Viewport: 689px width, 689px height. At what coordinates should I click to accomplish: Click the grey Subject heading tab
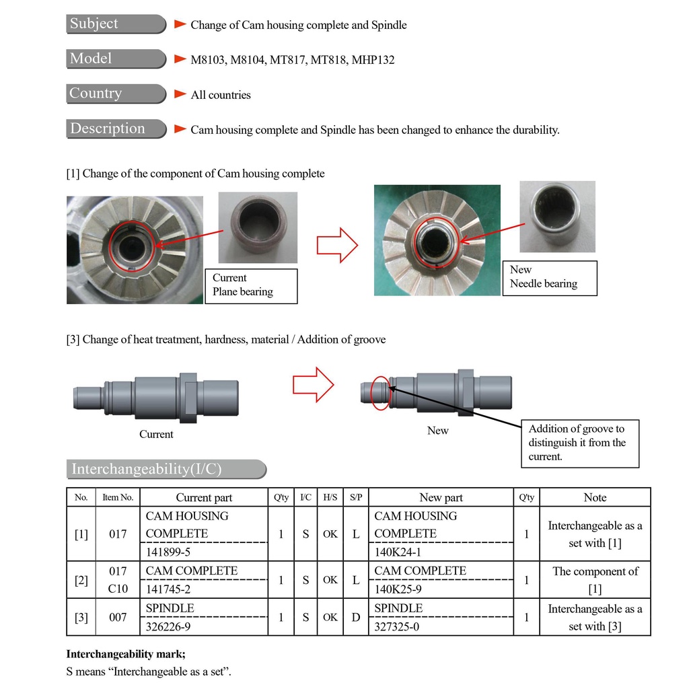pos(116,24)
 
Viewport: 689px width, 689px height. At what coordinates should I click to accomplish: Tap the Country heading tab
pos(116,94)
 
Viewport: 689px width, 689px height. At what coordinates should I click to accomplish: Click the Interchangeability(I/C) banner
pos(166,469)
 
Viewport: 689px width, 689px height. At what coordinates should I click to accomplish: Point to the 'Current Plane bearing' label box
pos(250,285)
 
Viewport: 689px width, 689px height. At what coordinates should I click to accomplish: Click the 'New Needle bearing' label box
pos(550,277)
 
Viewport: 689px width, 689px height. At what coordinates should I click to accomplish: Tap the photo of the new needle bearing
pos(557,216)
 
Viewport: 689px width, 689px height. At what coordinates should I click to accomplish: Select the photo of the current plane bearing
pos(258,227)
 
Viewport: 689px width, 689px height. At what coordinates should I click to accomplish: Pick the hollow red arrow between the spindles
pos(313,385)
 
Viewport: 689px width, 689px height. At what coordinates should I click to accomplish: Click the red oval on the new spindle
pos(380,394)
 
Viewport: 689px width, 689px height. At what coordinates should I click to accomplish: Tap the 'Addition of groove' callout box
pos(580,443)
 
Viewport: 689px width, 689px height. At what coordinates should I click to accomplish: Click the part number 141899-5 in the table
pos(168,552)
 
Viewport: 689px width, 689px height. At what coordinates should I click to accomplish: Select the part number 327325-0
pos(396,626)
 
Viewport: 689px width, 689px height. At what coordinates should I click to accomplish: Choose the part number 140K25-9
pos(398,589)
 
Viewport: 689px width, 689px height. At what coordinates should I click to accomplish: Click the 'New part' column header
pos(441,498)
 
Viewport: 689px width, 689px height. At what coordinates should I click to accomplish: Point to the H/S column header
pos(330,498)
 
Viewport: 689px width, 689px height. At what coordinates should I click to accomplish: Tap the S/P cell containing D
pos(356,617)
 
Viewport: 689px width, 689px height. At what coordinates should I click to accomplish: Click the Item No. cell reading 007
pos(118,617)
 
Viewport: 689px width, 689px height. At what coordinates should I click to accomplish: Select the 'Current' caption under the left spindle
pos(156,435)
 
